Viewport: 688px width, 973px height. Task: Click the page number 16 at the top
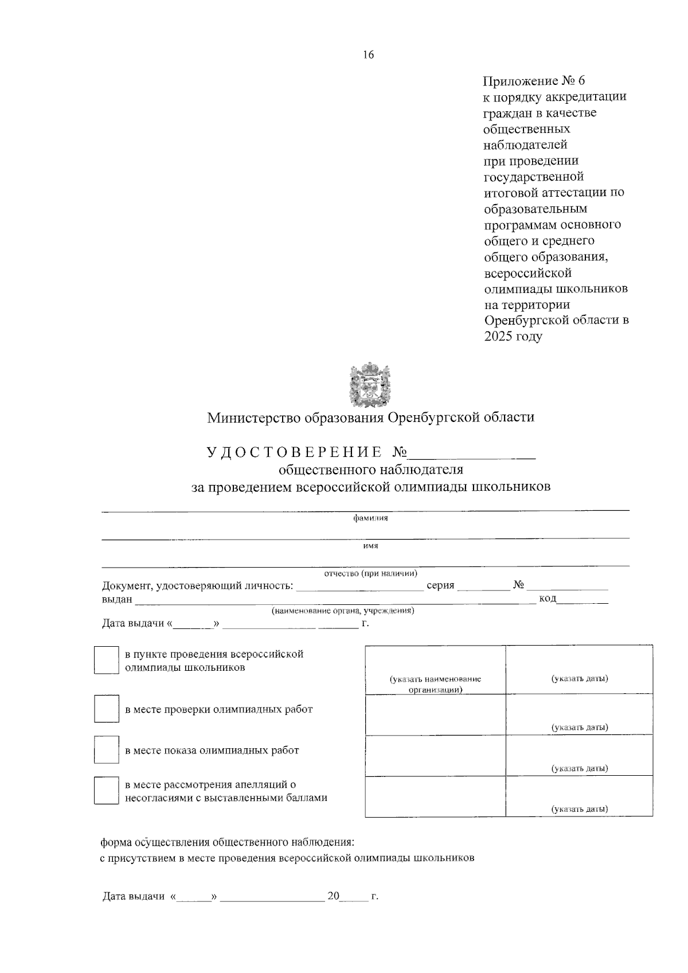[x=368, y=55]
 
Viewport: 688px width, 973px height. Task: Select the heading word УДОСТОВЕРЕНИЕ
[x=294, y=452]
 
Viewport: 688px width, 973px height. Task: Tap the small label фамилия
[x=370, y=518]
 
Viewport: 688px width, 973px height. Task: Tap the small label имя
[x=370, y=546]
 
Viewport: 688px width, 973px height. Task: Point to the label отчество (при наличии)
[x=370, y=573]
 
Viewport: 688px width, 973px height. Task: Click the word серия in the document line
[x=440, y=585]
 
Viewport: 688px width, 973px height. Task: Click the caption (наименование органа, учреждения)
[x=343, y=611]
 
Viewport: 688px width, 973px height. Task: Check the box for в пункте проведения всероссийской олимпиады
[x=106, y=661]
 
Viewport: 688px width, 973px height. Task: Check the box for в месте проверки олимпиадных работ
[x=106, y=709]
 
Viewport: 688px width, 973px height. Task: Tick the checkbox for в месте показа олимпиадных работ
[x=106, y=750]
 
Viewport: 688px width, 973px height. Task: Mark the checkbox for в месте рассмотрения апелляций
[x=106, y=791]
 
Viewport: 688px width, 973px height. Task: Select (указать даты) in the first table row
[x=580, y=679]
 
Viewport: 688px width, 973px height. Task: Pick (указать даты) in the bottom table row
[x=580, y=809]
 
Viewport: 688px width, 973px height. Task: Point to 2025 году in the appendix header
[x=513, y=337]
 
